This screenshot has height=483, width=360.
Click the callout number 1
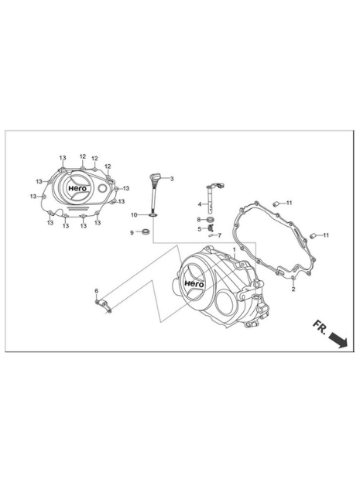tap(234, 249)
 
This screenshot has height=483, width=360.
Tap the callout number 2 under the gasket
tap(293, 289)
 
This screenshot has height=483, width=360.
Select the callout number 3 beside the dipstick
tap(172, 179)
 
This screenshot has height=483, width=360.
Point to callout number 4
tap(200, 204)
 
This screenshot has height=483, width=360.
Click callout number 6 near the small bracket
tap(96, 291)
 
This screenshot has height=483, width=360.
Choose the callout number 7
tap(219, 235)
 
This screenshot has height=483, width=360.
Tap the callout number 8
tap(199, 219)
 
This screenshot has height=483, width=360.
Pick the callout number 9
tap(132, 233)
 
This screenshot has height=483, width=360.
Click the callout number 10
tap(134, 215)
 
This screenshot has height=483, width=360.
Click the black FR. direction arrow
tap(338, 339)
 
